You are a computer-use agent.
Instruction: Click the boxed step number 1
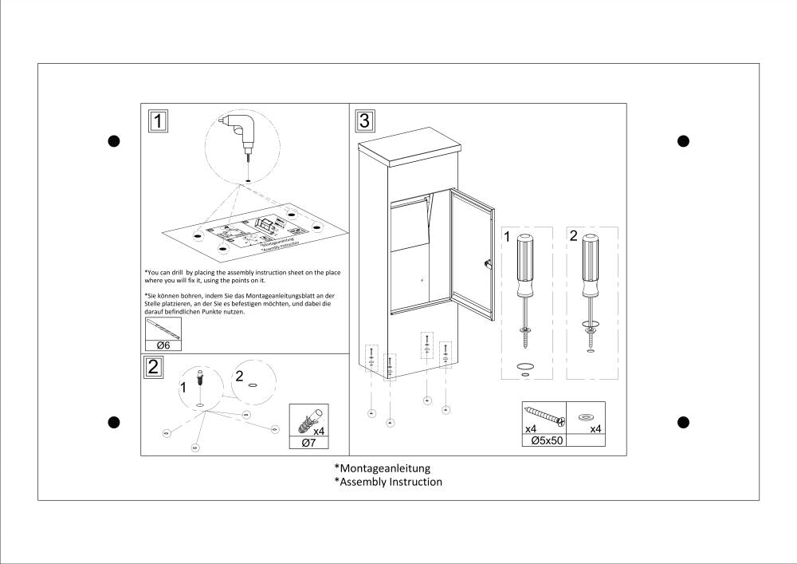tap(159, 121)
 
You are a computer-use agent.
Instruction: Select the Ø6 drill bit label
tap(163, 345)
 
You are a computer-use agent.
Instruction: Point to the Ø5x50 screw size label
tap(544, 440)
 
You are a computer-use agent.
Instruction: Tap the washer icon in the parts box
tap(586, 416)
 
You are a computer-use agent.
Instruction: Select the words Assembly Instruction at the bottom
tap(391, 482)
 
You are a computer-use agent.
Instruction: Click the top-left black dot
tap(113, 141)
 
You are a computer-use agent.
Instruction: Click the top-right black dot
tap(683, 141)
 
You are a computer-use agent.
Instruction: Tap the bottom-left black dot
tap(113, 421)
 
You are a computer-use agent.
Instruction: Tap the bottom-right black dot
tap(683, 421)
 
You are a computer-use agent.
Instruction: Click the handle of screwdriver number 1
tap(524, 263)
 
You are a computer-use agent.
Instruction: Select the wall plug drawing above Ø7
tap(308, 417)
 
